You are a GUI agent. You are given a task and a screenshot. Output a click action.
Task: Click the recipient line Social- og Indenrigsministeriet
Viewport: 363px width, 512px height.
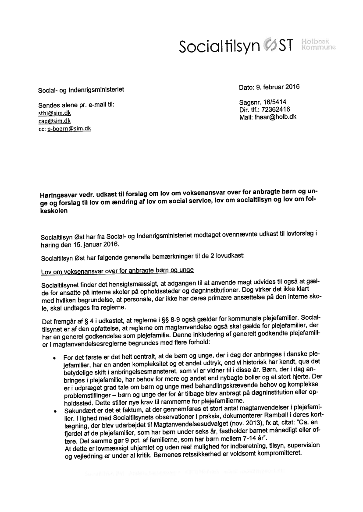pyautogui.click(x=81, y=89)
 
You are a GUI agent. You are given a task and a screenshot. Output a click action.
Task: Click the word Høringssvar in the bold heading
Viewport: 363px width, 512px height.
pyautogui.click(x=57, y=193)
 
